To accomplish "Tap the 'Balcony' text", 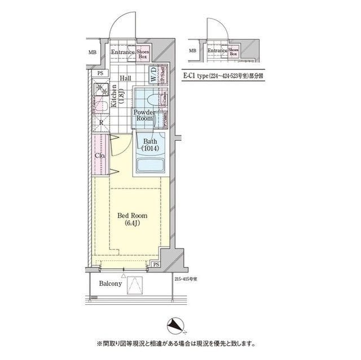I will pos(111,284).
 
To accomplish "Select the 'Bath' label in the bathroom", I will pos(149,145).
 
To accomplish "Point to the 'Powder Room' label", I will pos(143,115).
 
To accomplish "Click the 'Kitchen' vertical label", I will pos(115,95).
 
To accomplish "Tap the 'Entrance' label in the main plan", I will pos(122,54).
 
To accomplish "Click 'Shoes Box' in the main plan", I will pos(143,54).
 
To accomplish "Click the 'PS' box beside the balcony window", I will pos(156,264).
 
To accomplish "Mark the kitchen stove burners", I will pos(102,89).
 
